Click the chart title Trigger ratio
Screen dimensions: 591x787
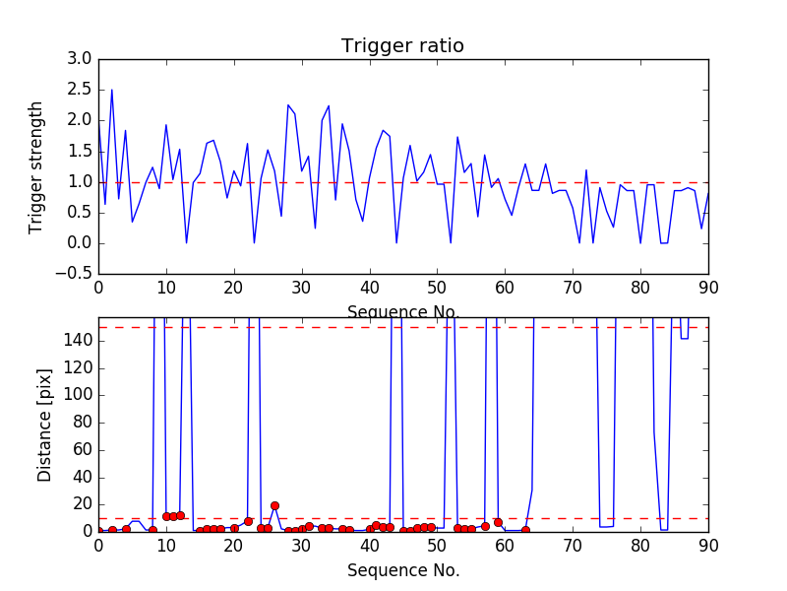402,46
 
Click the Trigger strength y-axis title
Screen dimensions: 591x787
36,166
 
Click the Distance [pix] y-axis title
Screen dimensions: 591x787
44,425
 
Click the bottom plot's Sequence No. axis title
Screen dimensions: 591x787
402,570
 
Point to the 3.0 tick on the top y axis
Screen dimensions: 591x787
78,59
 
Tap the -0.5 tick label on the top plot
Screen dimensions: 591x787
74,274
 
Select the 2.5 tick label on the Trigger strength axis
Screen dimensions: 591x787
78,90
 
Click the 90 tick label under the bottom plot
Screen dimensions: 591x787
708,546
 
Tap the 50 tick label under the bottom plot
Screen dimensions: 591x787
437,546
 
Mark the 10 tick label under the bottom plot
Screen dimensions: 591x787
166,546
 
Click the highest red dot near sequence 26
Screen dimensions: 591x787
274,505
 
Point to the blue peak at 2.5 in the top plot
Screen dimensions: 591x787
112,90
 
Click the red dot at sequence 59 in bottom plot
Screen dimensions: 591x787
498,522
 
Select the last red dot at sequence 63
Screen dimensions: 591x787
525,530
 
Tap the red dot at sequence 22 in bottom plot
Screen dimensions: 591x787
248,521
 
